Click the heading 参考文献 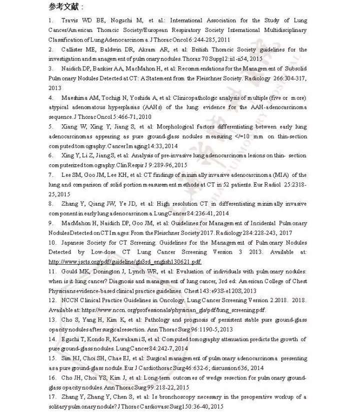66,7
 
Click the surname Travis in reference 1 70,20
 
